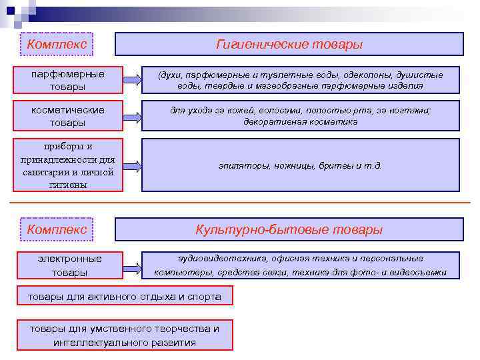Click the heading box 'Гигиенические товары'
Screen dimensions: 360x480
click(x=289, y=44)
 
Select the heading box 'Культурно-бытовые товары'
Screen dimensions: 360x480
click(x=289, y=229)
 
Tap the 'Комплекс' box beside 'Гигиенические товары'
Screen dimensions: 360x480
click(x=57, y=44)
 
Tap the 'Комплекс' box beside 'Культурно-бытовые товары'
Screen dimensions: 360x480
click(x=57, y=229)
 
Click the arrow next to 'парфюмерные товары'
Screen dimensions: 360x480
click(x=133, y=81)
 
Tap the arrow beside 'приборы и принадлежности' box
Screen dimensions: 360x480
click(x=133, y=165)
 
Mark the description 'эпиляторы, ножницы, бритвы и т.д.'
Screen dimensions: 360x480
click(x=301, y=165)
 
